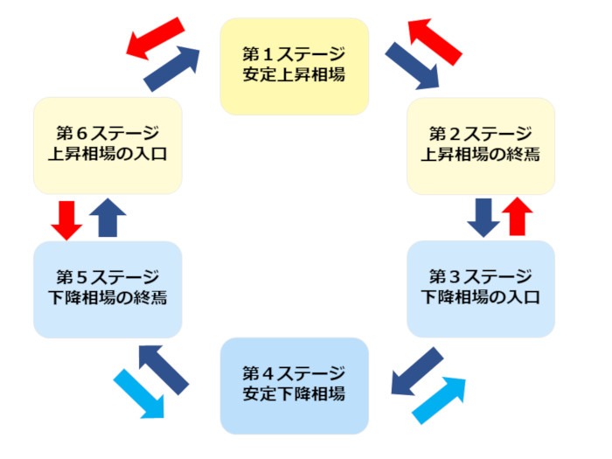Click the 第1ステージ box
click(x=294, y=66)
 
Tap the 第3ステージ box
click(x=481, y=289)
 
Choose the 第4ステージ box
click(x=294, y=386)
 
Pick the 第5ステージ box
click(x=108, y=289)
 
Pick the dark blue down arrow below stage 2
click(x=483, y=217)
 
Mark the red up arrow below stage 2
click(x=517, y=217)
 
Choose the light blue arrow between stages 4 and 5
click(x=139, y=393)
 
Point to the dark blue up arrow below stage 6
click(x=108, y=217)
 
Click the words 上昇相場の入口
click(x=108, y=156)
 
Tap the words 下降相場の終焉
click(x=108, y=298)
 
